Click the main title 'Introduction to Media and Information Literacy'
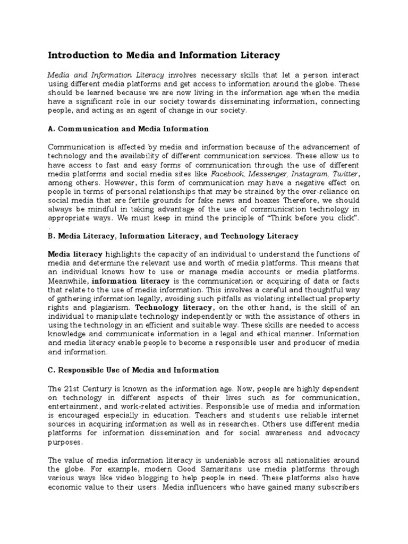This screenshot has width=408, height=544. [164, 55]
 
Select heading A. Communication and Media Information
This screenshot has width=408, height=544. [128, 129]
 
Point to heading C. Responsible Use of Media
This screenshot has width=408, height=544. [133, 370]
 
